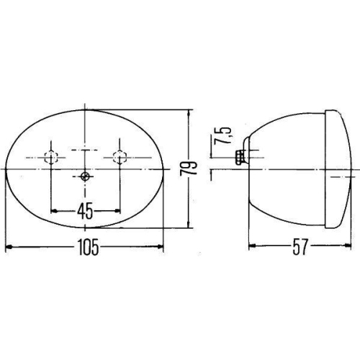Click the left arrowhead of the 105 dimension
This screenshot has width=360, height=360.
tap(9, 248)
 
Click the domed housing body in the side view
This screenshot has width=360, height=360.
tap(288, 169)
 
